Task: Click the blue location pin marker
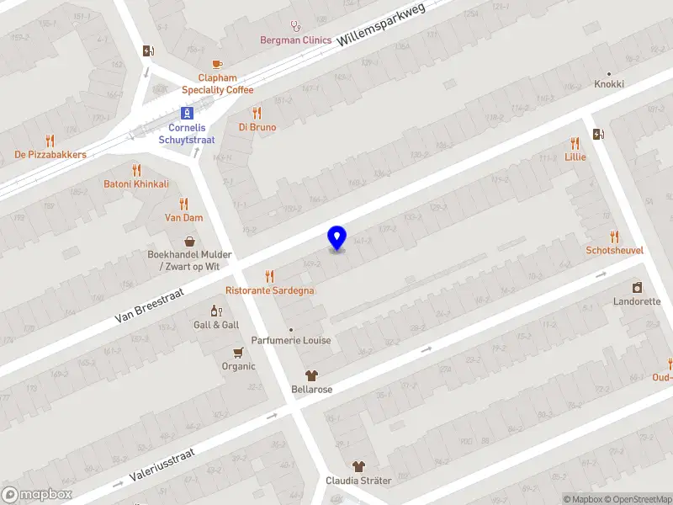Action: (336, 237)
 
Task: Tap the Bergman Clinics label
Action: (295, 40)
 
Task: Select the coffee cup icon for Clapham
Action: (218, 64)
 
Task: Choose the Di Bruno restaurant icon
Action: (257, 113)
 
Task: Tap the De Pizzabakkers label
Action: (50, 155)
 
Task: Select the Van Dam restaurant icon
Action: (183, 203)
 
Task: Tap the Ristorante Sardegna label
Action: (270, 290)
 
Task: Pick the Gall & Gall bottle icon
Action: (216, 311)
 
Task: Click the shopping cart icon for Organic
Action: (238, 352)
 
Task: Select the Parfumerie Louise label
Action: (290, 340)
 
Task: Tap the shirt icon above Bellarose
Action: (311, 375)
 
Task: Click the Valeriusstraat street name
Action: (162, 464)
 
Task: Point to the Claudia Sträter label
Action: (358, 481)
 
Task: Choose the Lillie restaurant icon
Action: (575, 143)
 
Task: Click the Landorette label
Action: (637, 301)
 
